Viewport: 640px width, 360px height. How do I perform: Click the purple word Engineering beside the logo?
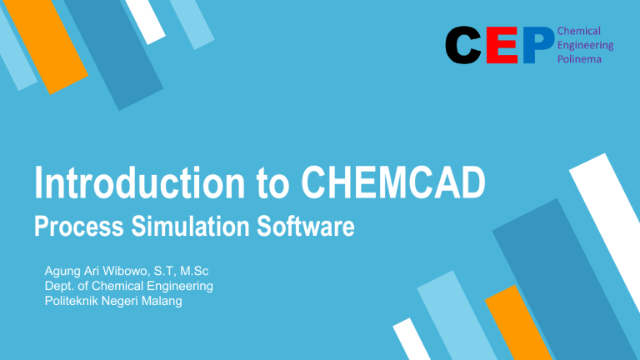585,46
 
